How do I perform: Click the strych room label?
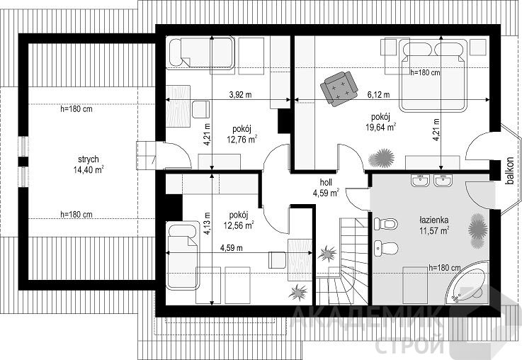89,159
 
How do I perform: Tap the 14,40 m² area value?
89,170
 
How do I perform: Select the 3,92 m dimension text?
240,95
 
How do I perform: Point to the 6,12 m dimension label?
378,95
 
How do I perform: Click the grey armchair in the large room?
339,89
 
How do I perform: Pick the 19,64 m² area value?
381,128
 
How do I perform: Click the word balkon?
509,171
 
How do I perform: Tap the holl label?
326,182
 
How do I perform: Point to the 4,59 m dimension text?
232,248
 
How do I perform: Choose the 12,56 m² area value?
239,225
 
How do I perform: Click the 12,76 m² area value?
242,139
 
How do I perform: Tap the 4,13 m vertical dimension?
207,223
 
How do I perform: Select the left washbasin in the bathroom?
420,180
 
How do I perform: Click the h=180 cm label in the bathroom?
444,267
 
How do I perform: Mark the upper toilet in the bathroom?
385,224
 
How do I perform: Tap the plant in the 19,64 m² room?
382,159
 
